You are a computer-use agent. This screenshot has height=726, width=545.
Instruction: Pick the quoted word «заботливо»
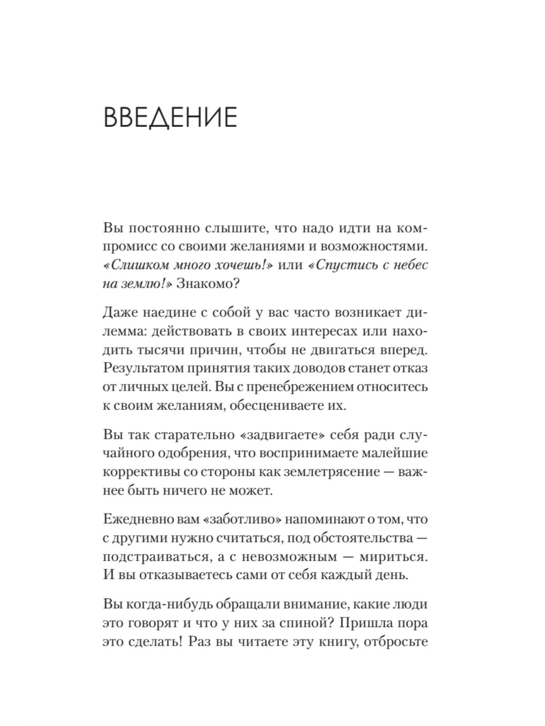[244, 519]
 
